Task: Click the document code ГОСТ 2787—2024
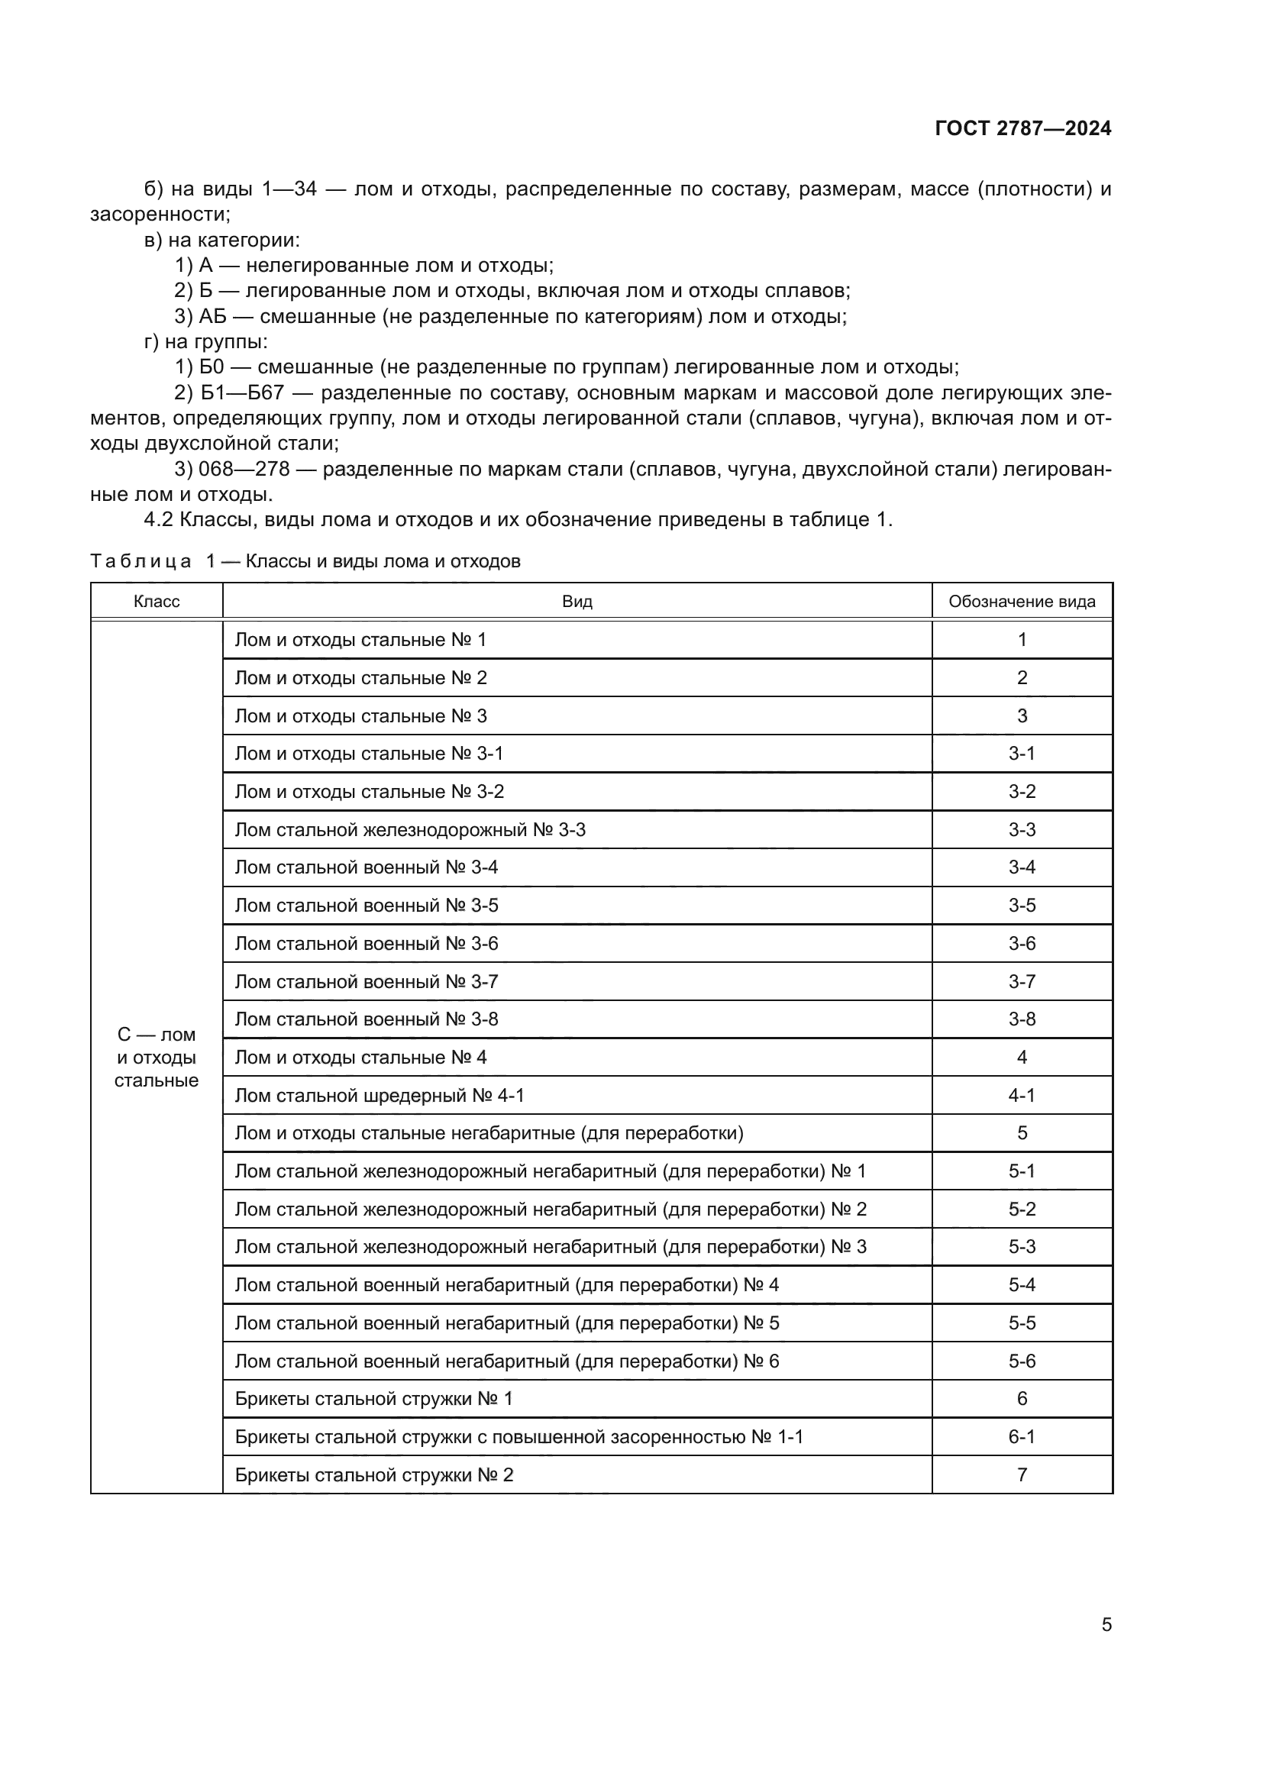[1022, 128]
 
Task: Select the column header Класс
[157, 601]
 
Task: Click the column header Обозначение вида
[1021, 601]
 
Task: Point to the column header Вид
[577, 601]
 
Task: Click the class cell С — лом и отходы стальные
[157, 1057]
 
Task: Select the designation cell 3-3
[1021, 829]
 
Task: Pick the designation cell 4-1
[1021, 1095]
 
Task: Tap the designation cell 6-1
[1021, 1437]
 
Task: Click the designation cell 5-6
[1021, 1361]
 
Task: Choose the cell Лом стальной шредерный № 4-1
[380, 1095]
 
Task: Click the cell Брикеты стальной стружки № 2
[374, 1475]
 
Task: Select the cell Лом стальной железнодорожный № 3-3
[410, 829]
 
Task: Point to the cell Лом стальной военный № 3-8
[367, 1019]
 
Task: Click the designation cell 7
[1021, 1475]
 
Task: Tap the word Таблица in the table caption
[141, 562]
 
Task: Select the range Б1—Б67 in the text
[241, 392]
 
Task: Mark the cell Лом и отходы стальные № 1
[360, 639]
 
